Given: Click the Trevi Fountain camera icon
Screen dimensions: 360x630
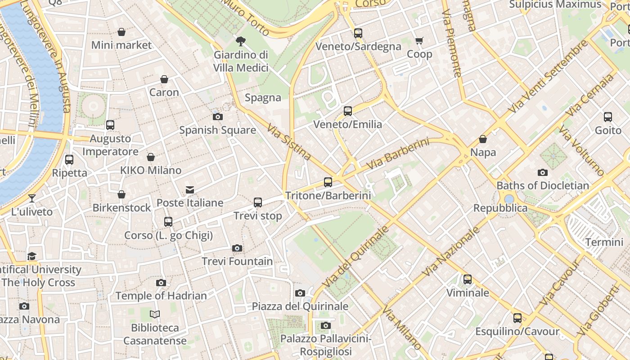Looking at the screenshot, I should (x=237, y=248).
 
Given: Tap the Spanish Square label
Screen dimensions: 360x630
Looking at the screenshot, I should (x=217, y=130).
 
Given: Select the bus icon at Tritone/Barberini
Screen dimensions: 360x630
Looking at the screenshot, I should (x=328, y=182).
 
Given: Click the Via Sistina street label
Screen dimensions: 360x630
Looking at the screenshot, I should (x=289, y=142).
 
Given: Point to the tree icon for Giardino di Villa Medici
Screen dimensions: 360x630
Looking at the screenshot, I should (x=241, y=41).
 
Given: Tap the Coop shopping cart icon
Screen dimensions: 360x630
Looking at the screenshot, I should (x=419, y=41).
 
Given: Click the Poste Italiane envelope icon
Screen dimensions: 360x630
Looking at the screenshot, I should (x=190, y=190).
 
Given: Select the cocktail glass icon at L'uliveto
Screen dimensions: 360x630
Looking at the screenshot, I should (x=31, y=198).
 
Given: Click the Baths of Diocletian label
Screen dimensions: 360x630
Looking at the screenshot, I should (x=542, y=185).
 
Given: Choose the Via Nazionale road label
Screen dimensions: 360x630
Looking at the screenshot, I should (x=451, y=252).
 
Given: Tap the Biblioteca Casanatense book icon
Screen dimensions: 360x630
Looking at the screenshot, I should (x=155, y=315).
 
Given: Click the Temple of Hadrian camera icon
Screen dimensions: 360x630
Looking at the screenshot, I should (x=161, y=283).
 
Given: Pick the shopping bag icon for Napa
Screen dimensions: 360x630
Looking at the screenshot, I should (x=483, y=139).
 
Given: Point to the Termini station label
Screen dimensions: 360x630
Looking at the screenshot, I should (x=604, y=242).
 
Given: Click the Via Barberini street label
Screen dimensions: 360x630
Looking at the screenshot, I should (x=397, y=154).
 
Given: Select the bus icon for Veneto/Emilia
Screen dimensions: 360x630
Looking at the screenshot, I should (x=347, y=111).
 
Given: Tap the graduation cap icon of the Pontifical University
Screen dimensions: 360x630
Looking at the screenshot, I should (x=31, y=256).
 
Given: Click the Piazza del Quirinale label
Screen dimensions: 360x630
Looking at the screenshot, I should (x=300, y=306).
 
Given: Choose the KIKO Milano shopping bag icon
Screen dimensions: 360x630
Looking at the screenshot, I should (x=151, y=157).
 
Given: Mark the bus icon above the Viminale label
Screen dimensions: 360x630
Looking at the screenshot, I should (x=468, y=279).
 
